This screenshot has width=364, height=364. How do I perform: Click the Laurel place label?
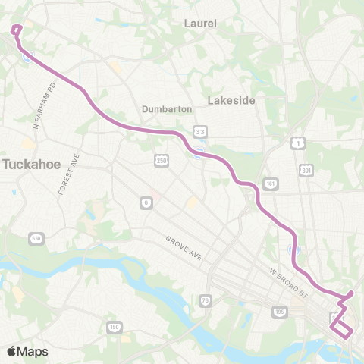(x=200, y=24)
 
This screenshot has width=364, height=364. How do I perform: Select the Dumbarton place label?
(x=167, y=109)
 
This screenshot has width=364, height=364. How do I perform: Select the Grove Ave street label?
(x=184, y=249)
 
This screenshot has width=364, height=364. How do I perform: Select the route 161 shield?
(x=271, y=184)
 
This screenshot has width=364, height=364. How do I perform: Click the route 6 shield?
(x=144, y=202)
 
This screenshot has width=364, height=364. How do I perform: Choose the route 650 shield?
(x=36, y=240)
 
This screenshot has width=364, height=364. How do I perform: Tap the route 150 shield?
(x=115, y=327)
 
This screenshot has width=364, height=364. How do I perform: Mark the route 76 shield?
(x=205, y=301)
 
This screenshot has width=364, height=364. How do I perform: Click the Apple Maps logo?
(x=27, y=351)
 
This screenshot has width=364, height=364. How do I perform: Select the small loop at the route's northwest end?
(x=17, y=30)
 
